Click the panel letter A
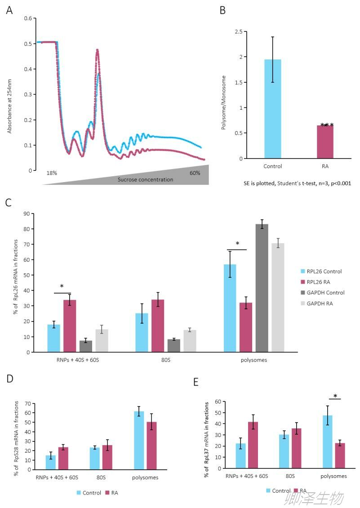9,10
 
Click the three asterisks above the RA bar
327,126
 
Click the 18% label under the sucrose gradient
52,173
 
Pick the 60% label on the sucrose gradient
195,173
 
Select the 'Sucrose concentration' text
145,180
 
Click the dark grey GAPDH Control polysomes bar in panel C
262,288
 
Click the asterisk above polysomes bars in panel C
237,245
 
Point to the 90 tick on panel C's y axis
27,214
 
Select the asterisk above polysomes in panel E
335,396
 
